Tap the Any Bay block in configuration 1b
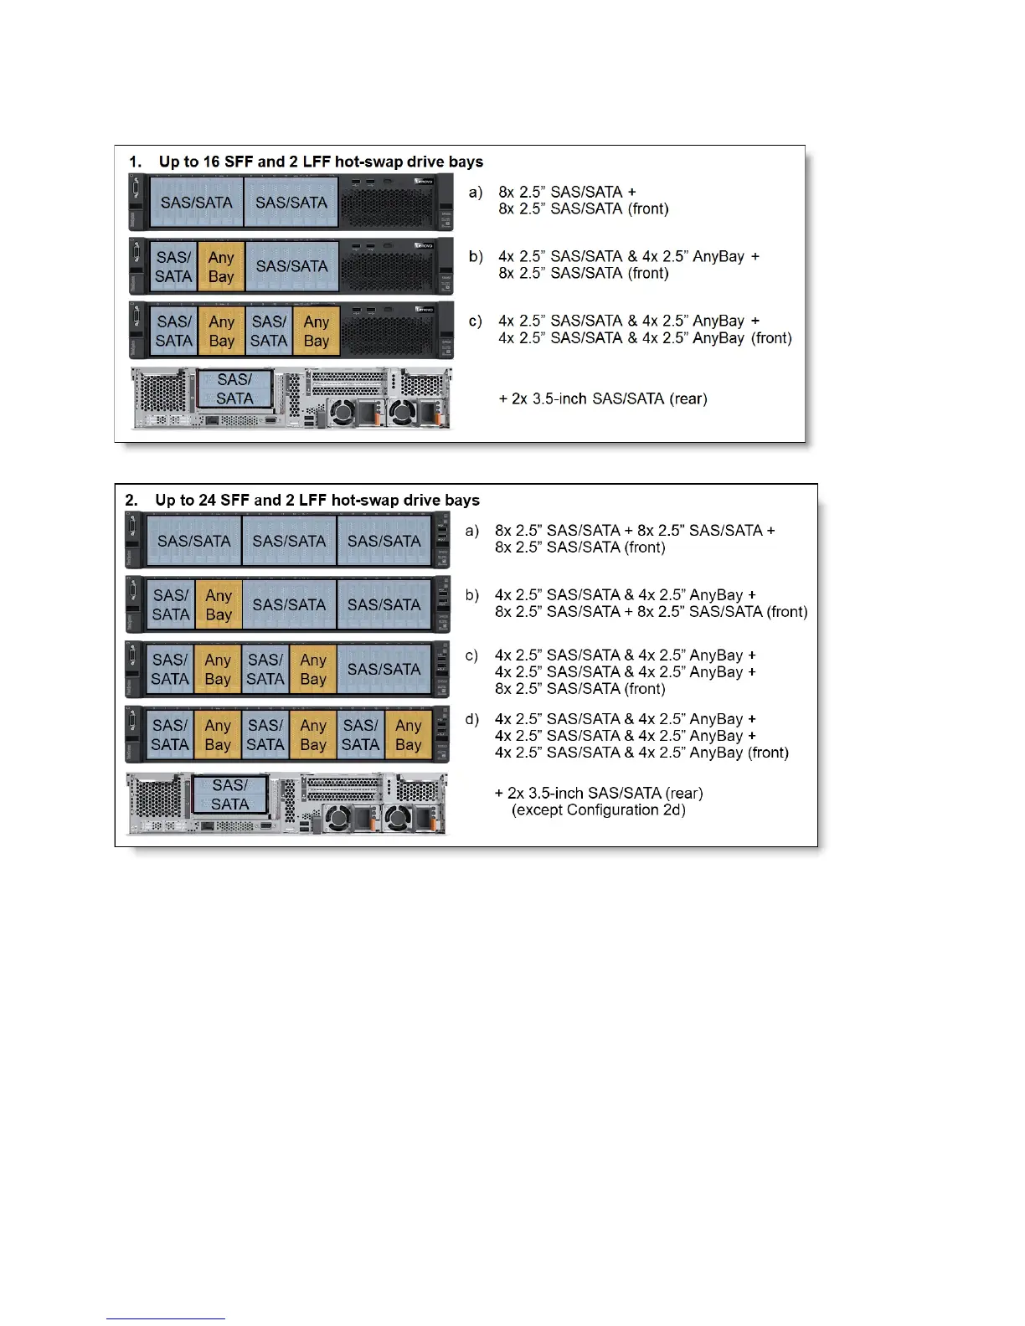click(221, 266)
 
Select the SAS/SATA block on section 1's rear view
click(234, 389)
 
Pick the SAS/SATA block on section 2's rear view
click(229, 794)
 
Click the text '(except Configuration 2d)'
click(599, 809)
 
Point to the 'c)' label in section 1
click(475, 321)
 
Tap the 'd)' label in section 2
click(472, 719)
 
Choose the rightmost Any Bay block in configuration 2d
click(409, 734)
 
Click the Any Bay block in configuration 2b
click(219, 604)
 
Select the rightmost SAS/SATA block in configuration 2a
click(384, 541)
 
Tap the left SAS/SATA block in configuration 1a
click(196, 202)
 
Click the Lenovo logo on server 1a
click(423, 181)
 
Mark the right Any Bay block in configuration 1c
click(317, 331)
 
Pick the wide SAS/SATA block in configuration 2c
click(384, 669)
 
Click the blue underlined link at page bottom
click(166, 1318)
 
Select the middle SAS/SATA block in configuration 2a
click(289, 541)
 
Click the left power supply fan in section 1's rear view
click(341, 412)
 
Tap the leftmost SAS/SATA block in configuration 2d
click(170, 734)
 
